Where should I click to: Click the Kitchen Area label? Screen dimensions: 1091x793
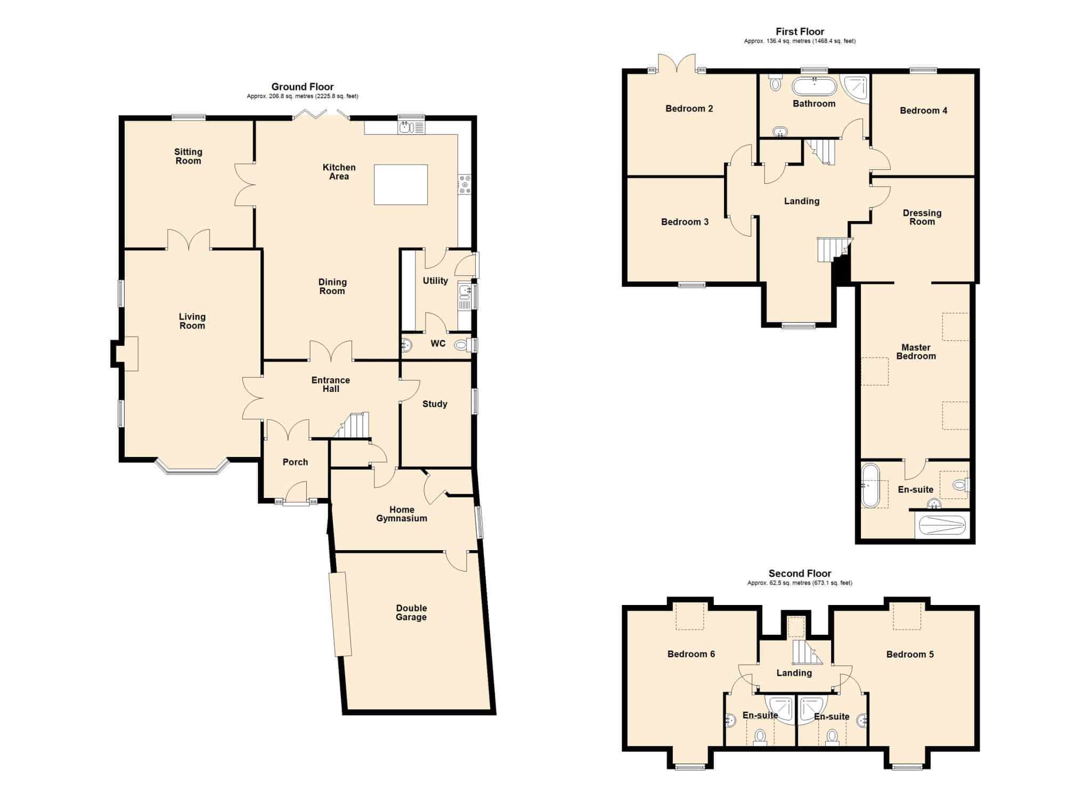point(339,172)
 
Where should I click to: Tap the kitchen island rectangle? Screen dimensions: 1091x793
point(401,185)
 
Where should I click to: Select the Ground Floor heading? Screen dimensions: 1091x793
point(303,87)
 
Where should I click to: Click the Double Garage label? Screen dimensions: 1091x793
point(411,612)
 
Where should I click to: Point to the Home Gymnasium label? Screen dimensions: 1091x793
point(402,514)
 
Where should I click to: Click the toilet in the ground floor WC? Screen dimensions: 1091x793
point(461,345)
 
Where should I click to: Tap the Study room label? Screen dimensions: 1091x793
point(435,404)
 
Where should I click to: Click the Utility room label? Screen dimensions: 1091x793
point(435,281)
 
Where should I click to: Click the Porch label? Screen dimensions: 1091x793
point(295,462)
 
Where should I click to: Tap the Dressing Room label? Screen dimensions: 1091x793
point(922,217)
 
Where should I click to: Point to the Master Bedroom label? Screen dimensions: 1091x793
point(916,351)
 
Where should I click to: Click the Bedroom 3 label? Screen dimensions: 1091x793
point(685,222)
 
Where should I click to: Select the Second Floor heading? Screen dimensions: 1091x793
point(800,574)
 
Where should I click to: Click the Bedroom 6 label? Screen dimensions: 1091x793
point(691,654)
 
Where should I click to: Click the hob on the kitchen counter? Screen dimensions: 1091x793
point(465,184)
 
